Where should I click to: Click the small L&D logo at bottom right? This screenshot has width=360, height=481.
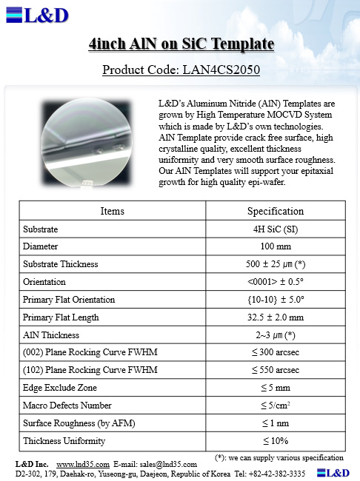tap(333, 473)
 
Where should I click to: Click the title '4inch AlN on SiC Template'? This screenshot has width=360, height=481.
tap(181, 45)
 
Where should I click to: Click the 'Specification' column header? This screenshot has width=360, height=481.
tap(275, 211)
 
